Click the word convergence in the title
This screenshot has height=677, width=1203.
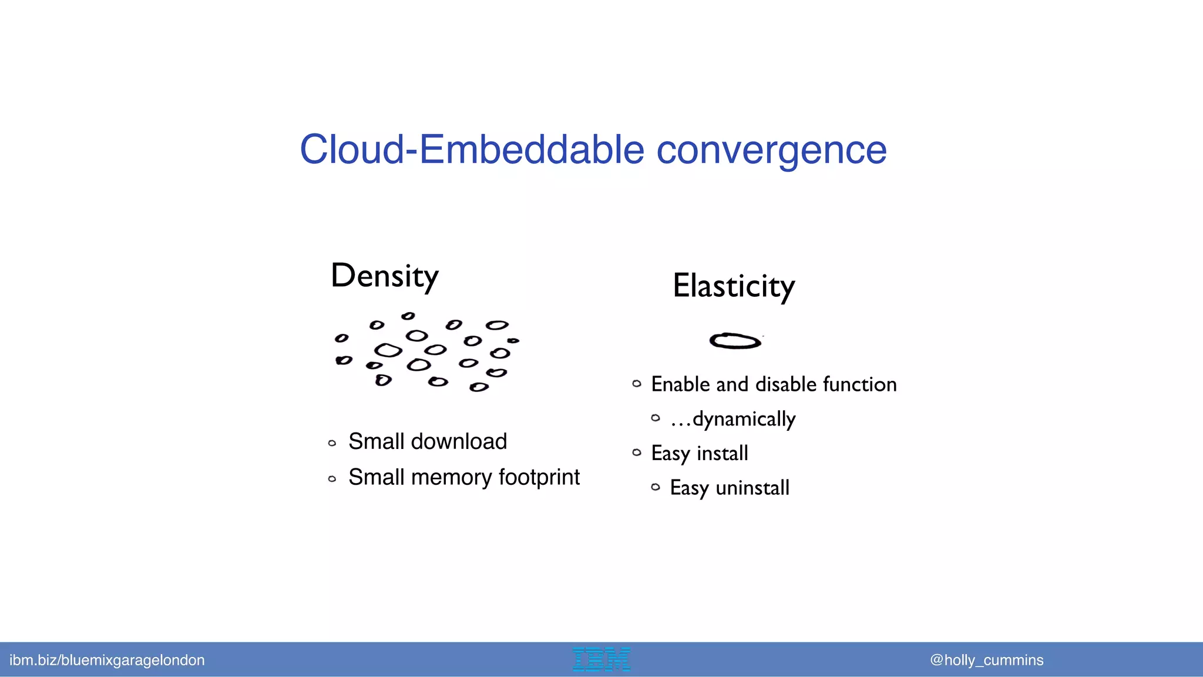pos(771,151)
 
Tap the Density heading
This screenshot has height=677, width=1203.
pos(385,276)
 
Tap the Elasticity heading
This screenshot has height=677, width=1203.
pos(734,286)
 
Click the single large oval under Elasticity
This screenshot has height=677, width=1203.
pos(735,341)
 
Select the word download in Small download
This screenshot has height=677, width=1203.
pos(459,441)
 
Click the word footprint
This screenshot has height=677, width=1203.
pos(539,477)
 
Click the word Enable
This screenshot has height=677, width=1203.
pos(681,384)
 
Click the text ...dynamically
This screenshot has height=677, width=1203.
pos(732,420)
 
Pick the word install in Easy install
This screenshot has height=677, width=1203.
pos(722,454)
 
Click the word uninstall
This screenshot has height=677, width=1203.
pos(752,488)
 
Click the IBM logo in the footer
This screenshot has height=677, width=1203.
pos(601,659)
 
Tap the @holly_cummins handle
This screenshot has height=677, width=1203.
pos(986,660)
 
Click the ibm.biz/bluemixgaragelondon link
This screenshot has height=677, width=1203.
pos(107,660)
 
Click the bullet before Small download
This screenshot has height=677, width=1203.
pos(332,443)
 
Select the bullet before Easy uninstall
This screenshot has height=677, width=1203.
pos(656,487)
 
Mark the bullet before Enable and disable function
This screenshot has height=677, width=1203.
pos(637,384)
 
